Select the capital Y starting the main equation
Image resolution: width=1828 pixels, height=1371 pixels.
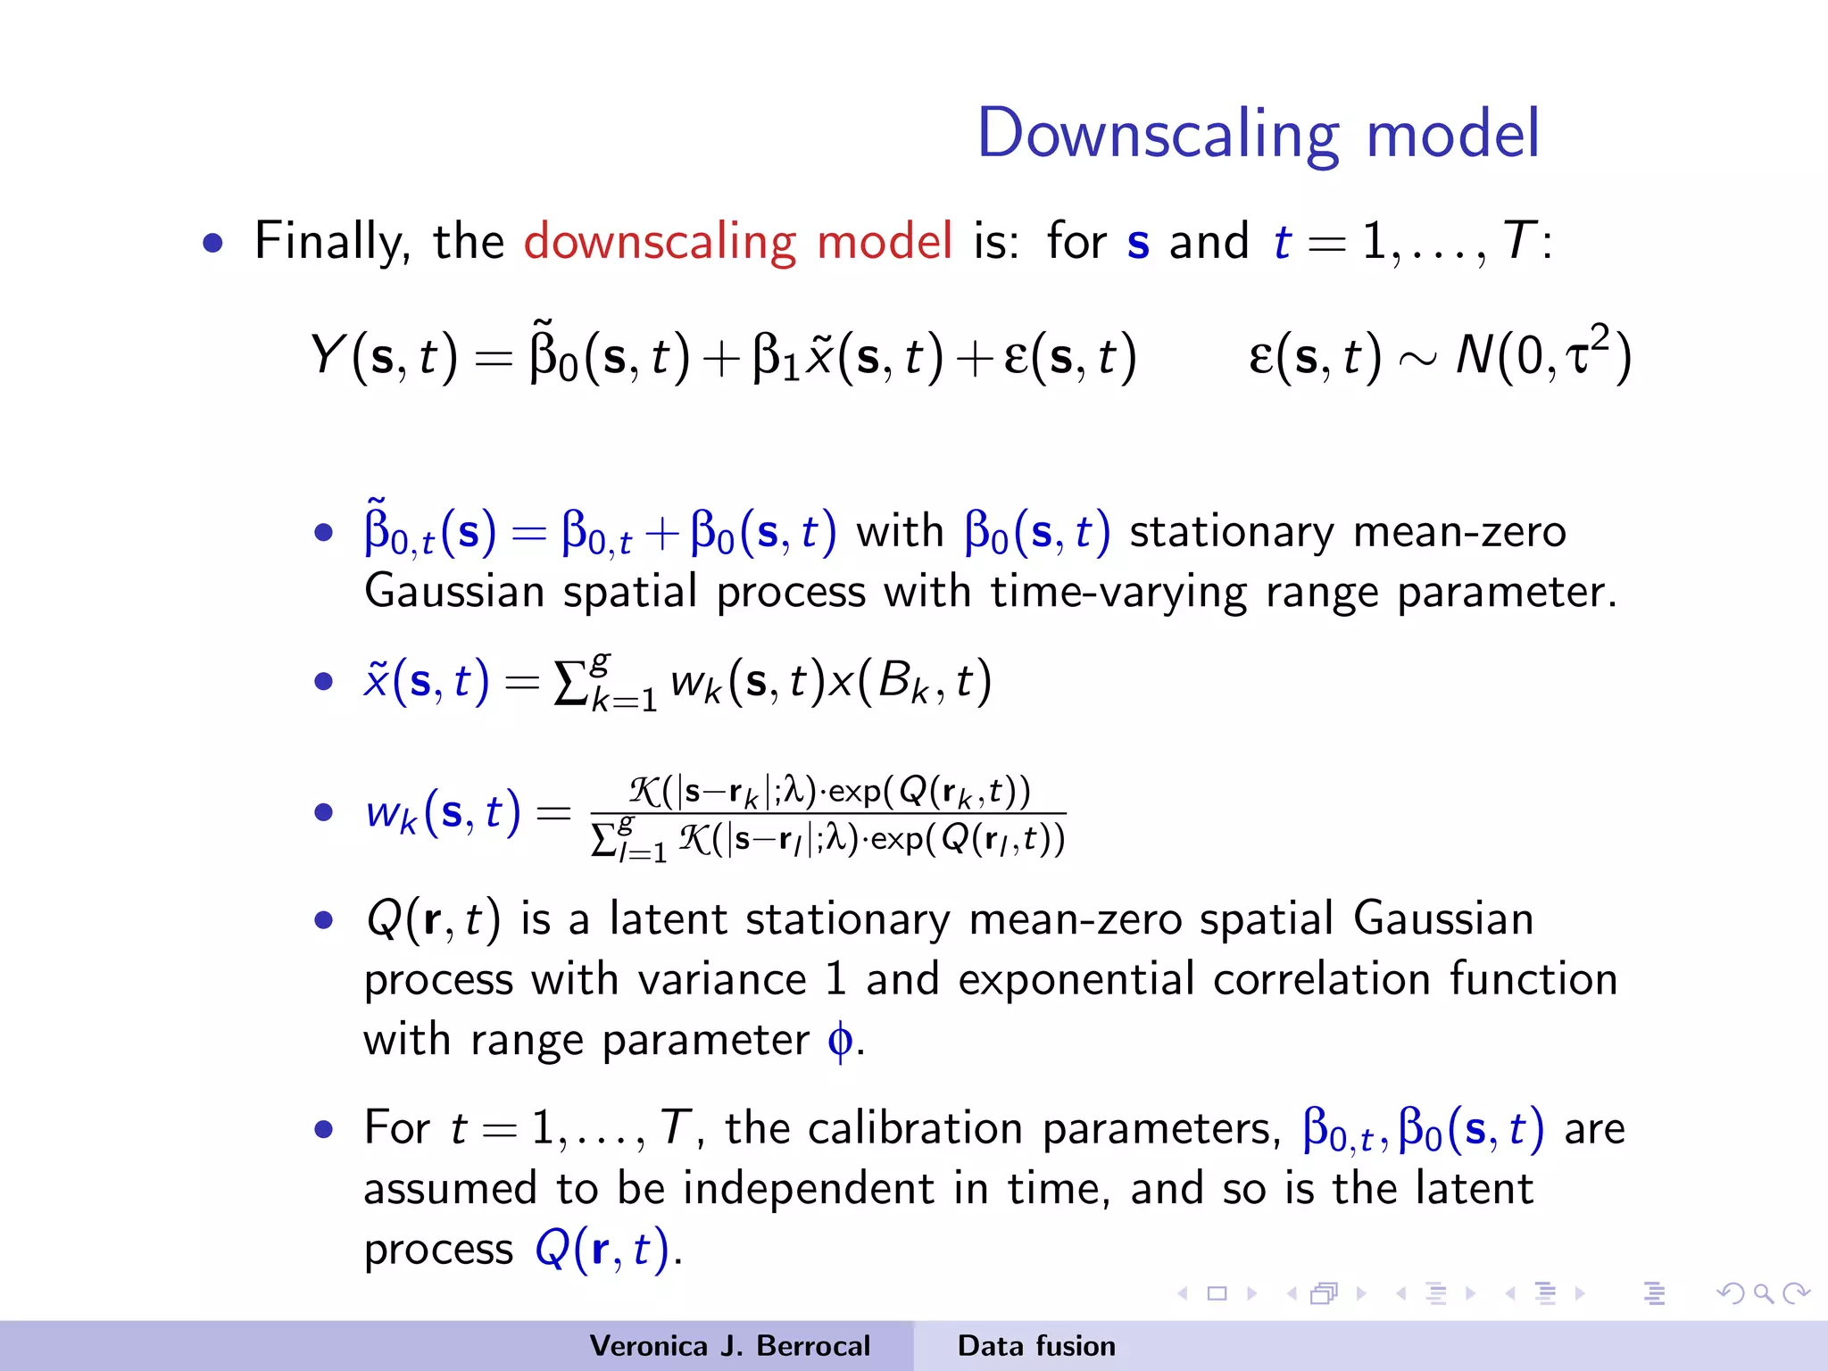(x=327, y=354)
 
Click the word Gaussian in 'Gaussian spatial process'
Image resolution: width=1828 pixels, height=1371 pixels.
(x=454, y=592)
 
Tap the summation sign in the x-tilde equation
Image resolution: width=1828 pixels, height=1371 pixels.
(x=569, y=684)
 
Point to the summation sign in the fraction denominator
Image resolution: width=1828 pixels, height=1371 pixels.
(x=604, y=841)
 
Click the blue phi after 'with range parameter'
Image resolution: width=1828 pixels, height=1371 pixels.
(x=840, y=1040)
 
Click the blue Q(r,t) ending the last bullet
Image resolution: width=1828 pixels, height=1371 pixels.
(x=602, y=1249)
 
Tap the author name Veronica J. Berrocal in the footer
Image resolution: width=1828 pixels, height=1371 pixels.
(x=729, y=1346)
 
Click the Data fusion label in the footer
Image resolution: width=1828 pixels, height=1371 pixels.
(x=1036, y=1346)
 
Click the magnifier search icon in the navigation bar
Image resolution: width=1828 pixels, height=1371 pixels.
(x=1763, y=1293)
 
